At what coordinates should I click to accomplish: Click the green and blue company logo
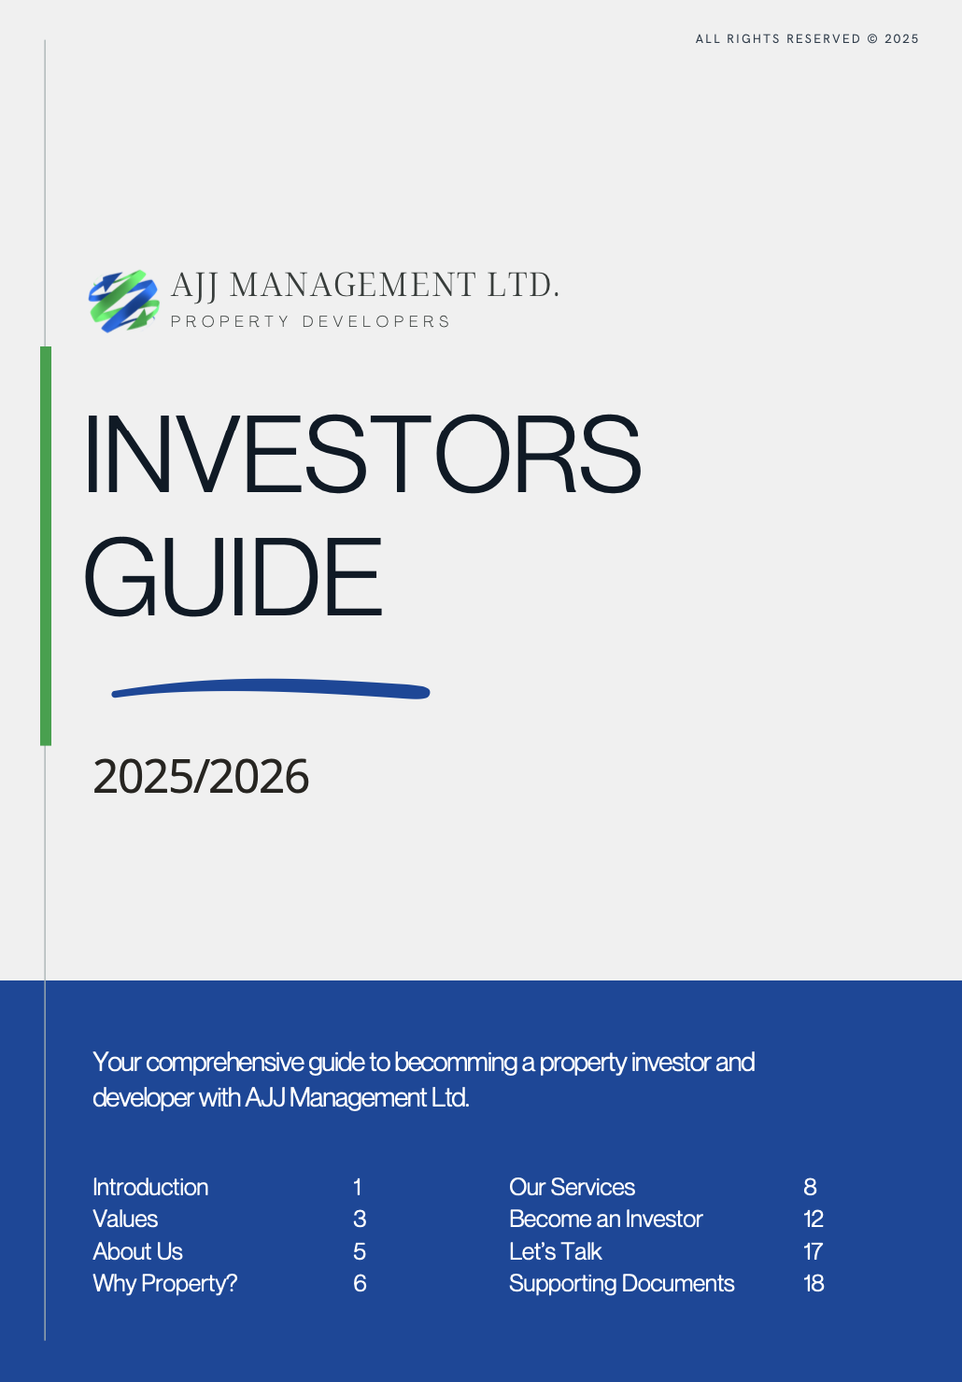(124, 301)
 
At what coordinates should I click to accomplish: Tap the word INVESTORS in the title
(362, 455)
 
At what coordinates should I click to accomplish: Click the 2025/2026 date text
(201, 777)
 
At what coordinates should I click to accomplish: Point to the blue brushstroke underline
(271, 690)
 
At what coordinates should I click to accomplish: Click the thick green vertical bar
(46, 545)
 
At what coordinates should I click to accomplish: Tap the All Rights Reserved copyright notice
(807, 39)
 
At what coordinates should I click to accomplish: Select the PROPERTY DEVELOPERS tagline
(310, 321)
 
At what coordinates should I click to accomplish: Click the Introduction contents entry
(150, 1187)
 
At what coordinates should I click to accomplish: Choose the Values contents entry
(125, 1219)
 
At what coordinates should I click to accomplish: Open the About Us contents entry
(137, 1251)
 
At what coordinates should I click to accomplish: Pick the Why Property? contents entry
(164, 1283)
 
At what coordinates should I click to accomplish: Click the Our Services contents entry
(572, 1187)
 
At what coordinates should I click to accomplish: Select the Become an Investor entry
(605, 1219)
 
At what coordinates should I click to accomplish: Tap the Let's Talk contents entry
(555, 1251)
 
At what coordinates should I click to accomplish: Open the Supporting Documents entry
(621, 1283)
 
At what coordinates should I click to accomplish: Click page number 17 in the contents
(813, 1251)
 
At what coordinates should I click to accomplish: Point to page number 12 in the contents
(813, 1219)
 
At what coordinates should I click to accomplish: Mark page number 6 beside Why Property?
(360, 1283)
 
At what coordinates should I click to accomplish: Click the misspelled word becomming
(455, 1063)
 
